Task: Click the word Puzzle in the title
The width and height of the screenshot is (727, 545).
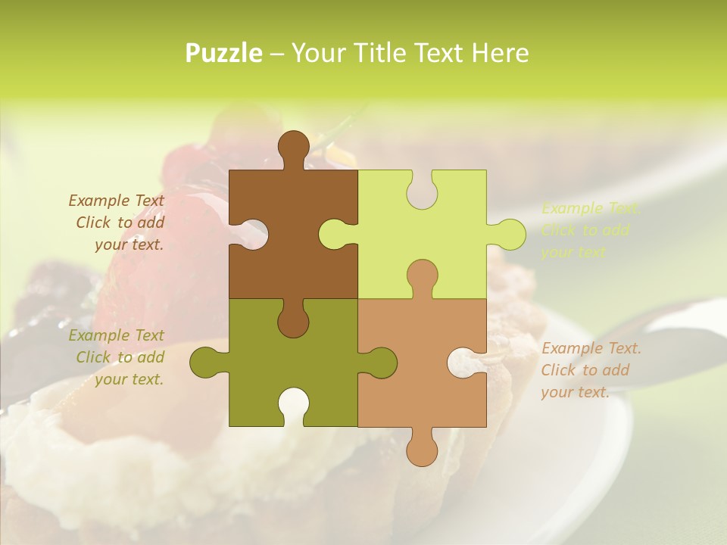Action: click(x=224, y=53)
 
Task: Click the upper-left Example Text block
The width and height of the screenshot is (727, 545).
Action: click(x=117, y=223)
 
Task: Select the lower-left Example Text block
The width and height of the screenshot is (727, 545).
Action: click(x=117, y=357)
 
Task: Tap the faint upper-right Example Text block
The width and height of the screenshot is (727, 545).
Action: click(x=591, y=230)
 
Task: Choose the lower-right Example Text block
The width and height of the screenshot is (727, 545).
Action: click(x=591, y=370)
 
